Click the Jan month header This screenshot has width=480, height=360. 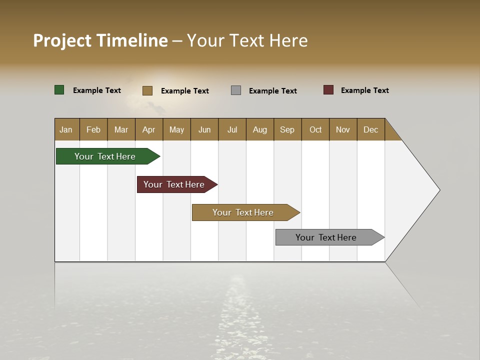click(66, 129)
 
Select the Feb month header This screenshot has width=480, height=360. click(93, 129)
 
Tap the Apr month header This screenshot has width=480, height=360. click(149, 129)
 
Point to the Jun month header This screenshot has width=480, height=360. click(204, 129)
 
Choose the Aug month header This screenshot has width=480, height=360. click(260, 129)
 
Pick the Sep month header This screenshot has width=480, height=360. click(287, 129)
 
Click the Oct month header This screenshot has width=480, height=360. click(315, 129)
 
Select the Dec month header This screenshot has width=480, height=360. click(371, 129)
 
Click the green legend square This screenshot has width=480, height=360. click(59, 90)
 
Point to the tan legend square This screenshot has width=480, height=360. click(147, 90)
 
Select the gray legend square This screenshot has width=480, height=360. click(236, 90)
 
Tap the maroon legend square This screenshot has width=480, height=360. click(328, 90)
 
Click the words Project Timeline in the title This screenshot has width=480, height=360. click(100, 40)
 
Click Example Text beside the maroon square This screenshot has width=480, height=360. click(365, 90)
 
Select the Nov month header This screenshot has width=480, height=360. click(343, 129)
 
